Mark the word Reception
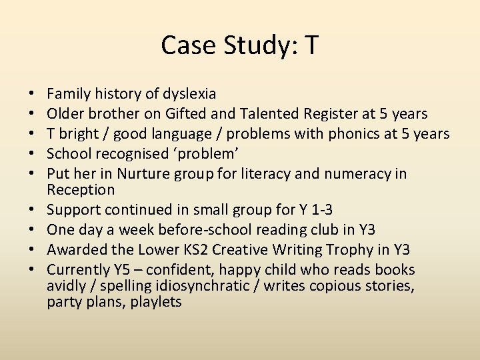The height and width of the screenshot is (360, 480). click(x=81, y=190)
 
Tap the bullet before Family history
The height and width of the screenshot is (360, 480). click(x=32, y=94)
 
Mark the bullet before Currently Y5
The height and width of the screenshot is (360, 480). click(x=32, y=270)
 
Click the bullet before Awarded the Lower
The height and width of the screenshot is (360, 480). click(x=32, y=250)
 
